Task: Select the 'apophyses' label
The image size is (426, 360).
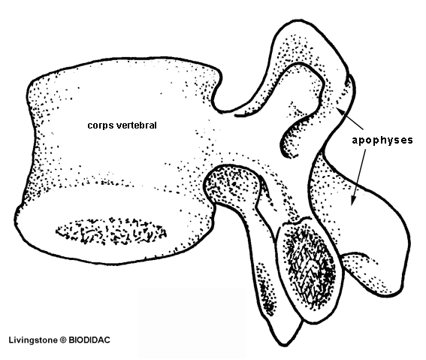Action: pos(382,141)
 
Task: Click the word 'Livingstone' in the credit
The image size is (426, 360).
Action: pos(33,340)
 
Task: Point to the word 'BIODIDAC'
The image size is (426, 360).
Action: pos(89,340)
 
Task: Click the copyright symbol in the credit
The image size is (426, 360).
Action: pos(63,340)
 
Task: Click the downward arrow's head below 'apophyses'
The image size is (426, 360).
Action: pos(353,201)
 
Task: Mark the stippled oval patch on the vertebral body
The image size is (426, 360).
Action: pos(111,231)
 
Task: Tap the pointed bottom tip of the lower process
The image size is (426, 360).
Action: pos(286,344)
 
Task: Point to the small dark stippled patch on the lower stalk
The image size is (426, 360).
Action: pos(266,288)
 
